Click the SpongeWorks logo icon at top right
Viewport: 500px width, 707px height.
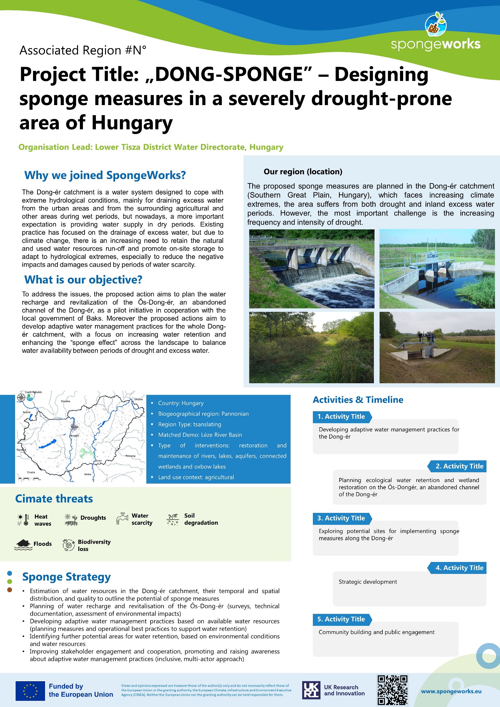436,24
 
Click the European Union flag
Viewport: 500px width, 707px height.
30,690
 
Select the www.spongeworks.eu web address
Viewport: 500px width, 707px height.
451,691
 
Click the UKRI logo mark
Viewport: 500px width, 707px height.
311,690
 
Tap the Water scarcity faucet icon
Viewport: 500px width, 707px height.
122,518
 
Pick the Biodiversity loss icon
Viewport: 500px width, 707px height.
69,545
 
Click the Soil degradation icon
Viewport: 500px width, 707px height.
173,519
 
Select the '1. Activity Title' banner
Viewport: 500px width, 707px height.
342,417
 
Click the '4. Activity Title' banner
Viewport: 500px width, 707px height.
457,568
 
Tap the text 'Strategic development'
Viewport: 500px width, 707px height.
368,582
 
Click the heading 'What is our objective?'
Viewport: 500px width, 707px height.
83,280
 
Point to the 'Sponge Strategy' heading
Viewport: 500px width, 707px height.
66,577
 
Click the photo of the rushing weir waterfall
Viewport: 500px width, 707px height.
312,269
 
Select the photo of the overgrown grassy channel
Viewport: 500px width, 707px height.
311,347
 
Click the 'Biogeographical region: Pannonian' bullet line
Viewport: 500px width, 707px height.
203,414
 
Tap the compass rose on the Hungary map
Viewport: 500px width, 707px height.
21,397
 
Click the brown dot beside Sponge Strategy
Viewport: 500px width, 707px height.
9,590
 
